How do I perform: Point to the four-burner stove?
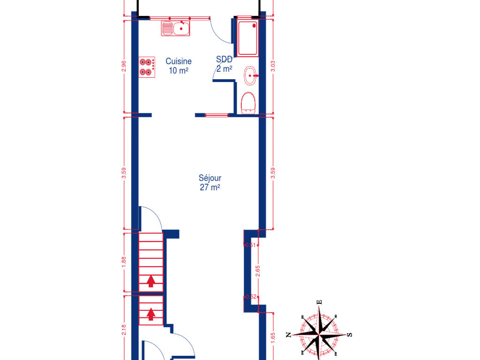click(147, 67)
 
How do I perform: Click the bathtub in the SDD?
click(247, 36)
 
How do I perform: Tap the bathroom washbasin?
click(250, 75)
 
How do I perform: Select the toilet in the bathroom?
click(247, 102)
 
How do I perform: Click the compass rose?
click(318, 334)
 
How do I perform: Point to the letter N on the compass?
click(289, 334)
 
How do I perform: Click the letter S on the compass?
click(349, 335)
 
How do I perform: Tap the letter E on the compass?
click(319, 302)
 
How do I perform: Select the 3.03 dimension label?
click(273, 66)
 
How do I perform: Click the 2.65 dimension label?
click(257, 271)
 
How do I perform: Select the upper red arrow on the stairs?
click(151, 281)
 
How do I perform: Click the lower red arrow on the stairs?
click(151, 313)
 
